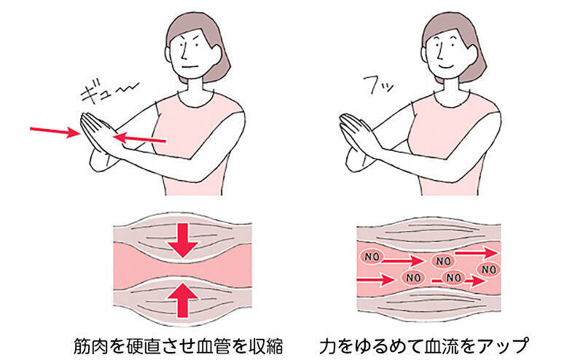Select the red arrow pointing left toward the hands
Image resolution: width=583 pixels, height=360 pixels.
(143, 137)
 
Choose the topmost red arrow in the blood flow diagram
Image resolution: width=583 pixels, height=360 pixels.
(477, 251)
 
